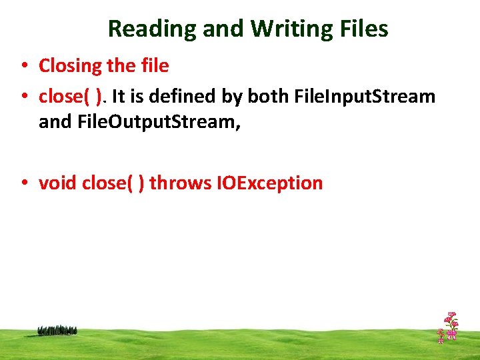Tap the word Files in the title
tap(365, 29)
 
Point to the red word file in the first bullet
tap(155, 66)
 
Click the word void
tap(57, 183)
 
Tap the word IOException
tap(269, 183)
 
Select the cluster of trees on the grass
tap(57, 330)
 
